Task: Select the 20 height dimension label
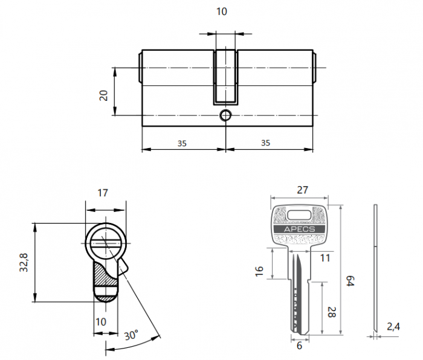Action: tap(103, 94)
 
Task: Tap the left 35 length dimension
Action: tap(182, 143)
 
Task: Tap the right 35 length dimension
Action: tap(265, 143)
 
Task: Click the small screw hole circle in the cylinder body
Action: tap(225, 115)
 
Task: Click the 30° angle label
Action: tap(131, 334)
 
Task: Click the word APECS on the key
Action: tap(300, 230)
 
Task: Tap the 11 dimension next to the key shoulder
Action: tap(325, 259)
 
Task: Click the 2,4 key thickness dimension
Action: tap(393, 327)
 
